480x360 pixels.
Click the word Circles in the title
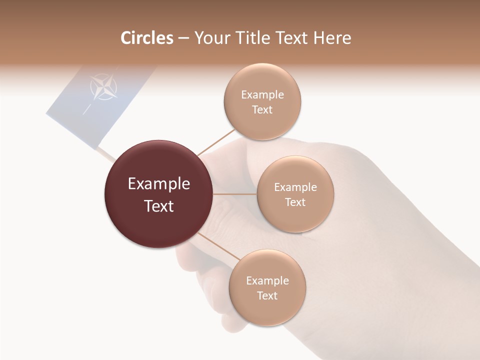pyautogui.click(x=147, y=38)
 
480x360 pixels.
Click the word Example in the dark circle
pyautogui.click(x=159, y=184)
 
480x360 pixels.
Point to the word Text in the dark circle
pyautogui.click(x=159, y=206)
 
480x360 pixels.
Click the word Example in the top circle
pyautogui.click(x=262, y=95)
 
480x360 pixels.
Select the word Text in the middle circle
pyautogui.click(x=295, y=202)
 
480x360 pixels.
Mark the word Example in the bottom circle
pyautogui.click(x=267, y=281)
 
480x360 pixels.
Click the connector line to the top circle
pyautogui.click(x=215, y=142)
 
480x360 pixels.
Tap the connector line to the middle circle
pyautogui.click(x=235, y=194)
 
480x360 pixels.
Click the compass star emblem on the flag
pyautogui.click(x=104, y=87)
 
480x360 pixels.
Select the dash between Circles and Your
pyautogui.click(x=183, y=38)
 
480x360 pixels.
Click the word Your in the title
pyautogui.click(x=209, y=38)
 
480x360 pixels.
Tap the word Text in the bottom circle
pyautogui.click(x=267, y=296)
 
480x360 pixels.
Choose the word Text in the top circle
pyautogui.click(x=262, y=110)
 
